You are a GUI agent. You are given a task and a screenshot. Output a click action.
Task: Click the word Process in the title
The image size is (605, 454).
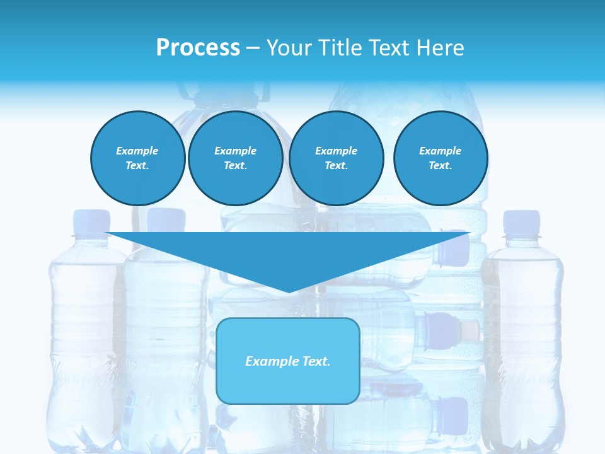point(198,48)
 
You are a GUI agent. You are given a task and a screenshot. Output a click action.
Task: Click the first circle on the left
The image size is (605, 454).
point(137,158)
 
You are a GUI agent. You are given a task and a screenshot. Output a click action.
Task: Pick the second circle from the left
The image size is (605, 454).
point(235,158)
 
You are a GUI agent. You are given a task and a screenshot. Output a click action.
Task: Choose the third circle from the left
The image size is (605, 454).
point(336,158)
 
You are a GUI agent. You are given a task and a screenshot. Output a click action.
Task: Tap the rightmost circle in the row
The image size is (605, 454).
point(440,158)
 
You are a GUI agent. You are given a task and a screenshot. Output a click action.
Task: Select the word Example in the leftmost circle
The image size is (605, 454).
point(137,151)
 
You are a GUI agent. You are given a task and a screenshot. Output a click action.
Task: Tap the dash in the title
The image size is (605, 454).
point(253,48)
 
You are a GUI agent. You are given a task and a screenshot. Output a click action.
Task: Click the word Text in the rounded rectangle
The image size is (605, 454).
point(314,361)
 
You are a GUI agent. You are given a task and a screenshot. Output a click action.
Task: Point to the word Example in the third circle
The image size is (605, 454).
point(336,151)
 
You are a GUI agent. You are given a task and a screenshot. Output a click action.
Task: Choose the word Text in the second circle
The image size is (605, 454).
point(234,166)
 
